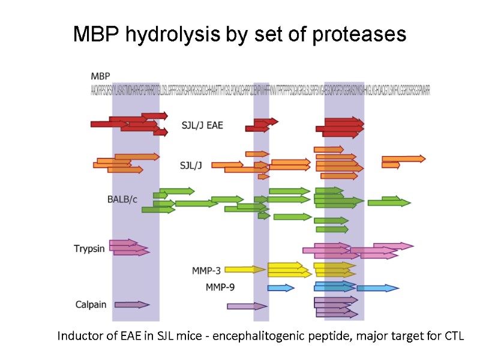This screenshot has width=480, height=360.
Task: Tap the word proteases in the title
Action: [359, 35]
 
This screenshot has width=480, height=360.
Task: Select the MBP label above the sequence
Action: [100, 76]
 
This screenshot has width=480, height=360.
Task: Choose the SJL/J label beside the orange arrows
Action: [191, 165]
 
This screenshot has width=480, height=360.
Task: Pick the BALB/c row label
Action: [122, 199]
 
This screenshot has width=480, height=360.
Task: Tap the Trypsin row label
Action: [91, 248]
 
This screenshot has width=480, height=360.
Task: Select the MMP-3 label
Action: [206, 270]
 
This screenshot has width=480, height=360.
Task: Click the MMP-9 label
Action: [220, 287]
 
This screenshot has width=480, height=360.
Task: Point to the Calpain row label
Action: [91, 304]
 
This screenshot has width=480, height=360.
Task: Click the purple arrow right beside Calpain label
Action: [131, 305]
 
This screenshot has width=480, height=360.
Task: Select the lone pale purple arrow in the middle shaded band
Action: [247, 306]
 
